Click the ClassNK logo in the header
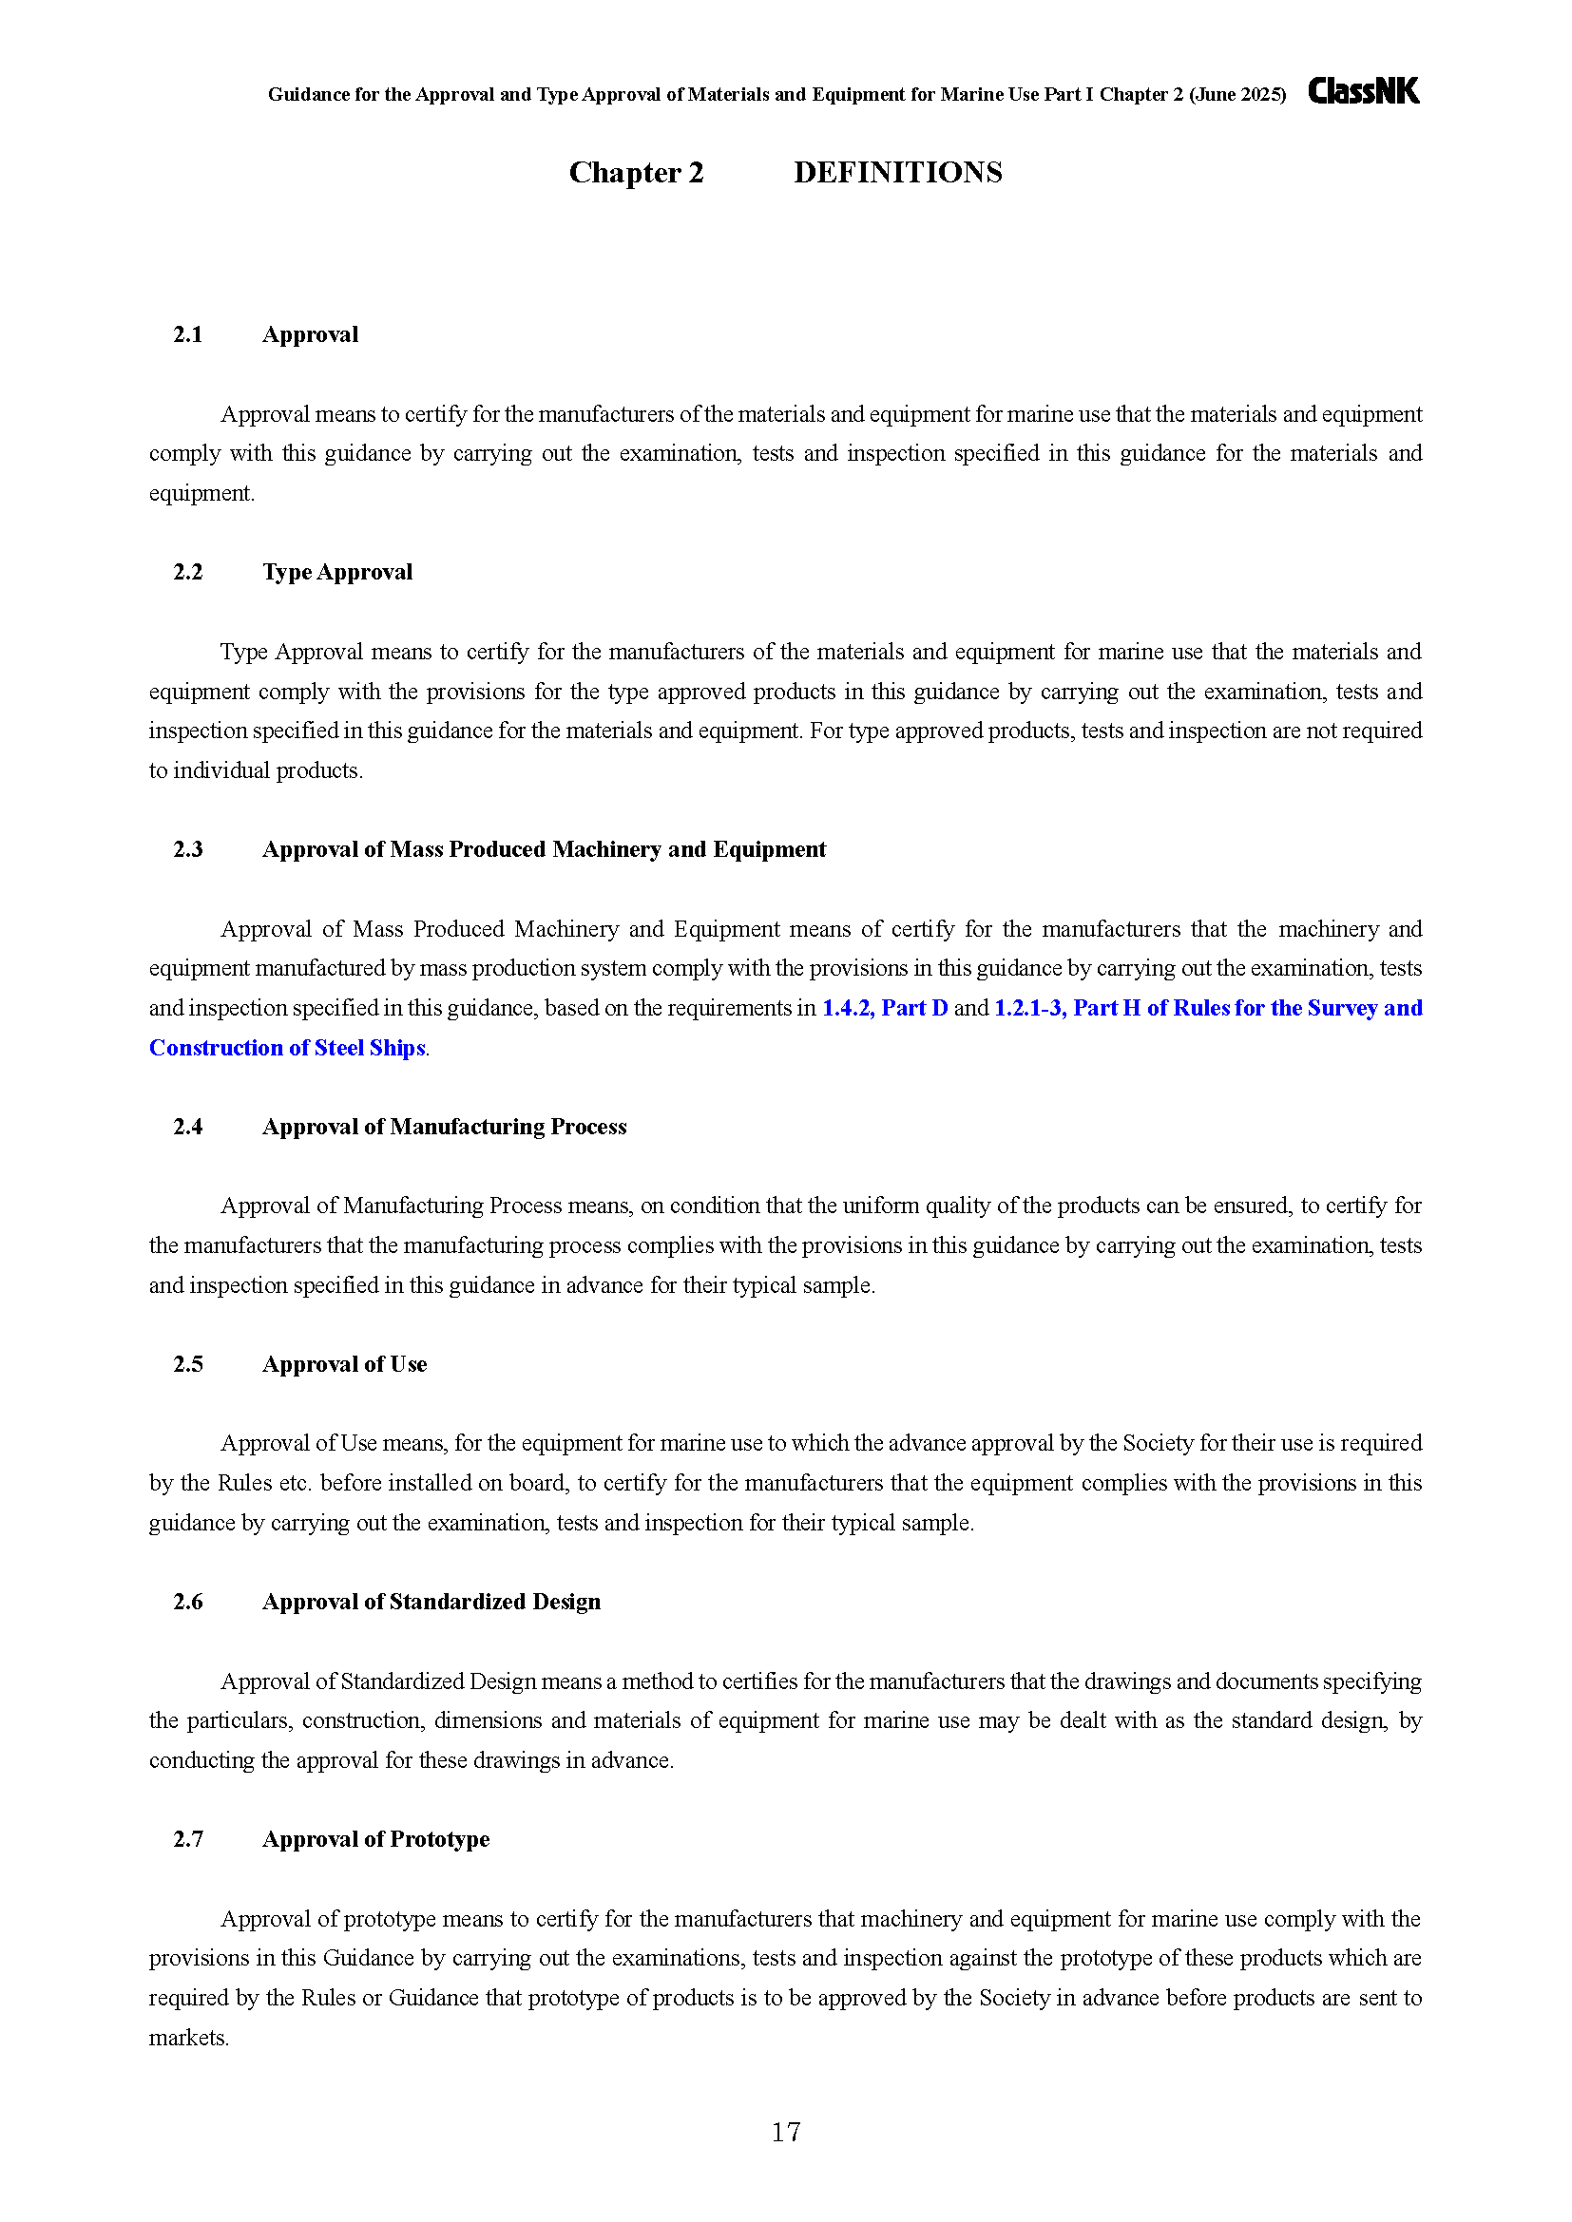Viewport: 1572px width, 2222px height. point(1363,91)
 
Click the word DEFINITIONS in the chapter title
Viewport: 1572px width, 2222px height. point(897,172)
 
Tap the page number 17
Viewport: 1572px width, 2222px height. point(785,2131)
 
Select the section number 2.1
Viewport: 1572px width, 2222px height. point(188,334)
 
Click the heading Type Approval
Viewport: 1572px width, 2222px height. point(336,572)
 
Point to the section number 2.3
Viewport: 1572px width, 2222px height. point(188,849)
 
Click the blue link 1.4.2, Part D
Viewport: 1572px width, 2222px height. point(885,1009)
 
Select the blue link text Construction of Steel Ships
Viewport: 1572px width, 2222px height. point(287,1048)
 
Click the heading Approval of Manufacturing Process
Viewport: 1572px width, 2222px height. point(444,1127)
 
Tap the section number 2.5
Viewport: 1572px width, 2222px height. point(188,1364)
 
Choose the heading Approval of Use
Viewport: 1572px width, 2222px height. point(345,1364)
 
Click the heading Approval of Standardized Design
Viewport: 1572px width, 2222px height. point(431,1602)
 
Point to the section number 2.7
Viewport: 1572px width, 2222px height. point(188,1840)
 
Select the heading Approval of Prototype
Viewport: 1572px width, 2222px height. point(375,1840)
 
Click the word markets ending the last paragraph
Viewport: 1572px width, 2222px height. point(188,2038)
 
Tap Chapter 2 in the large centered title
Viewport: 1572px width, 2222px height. point(636,172)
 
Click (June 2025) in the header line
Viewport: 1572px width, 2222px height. point(1237,95)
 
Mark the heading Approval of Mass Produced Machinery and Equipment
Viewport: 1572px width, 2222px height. point(544,849)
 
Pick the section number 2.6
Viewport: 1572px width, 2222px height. point(188,1602)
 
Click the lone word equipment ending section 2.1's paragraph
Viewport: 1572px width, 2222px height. point(201,494)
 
